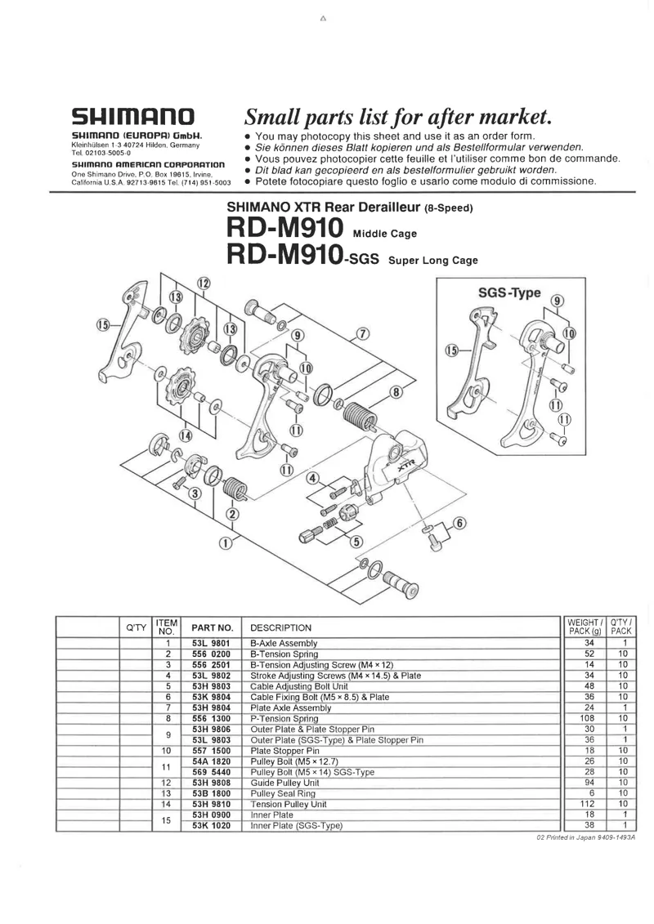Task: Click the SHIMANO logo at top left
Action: (x=132, y=116)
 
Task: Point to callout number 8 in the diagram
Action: (x=397, y=391)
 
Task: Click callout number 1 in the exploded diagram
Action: (x=225, y=540)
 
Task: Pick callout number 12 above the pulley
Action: (x=203, y=283)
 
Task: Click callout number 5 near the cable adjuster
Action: (x=356, y=540)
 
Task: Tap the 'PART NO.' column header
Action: (x=213, y=628)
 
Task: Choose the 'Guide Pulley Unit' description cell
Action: (x=284, y=781)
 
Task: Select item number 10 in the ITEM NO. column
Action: (x=166, y=749)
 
